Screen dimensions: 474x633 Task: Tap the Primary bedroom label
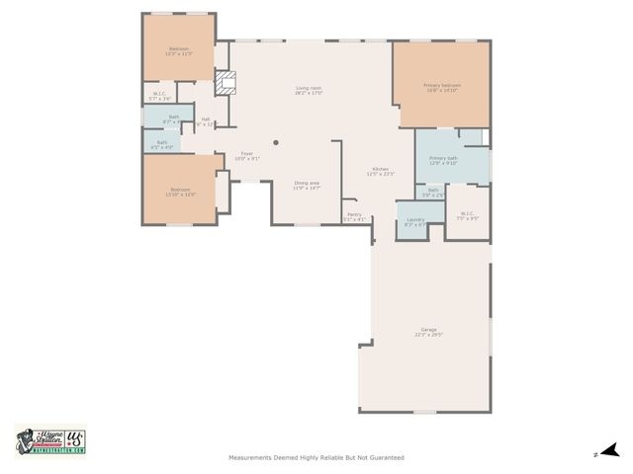click(442, 87)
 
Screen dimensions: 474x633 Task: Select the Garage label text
click(428, 330)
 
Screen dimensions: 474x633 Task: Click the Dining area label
click(307, 183)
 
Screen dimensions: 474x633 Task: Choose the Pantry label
click(354, 214)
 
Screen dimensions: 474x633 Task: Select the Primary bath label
click(443, 159)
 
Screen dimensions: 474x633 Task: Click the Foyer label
click(247, 154)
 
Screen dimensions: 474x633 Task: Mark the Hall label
click(206, 119)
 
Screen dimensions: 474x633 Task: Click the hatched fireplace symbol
click(226, 83)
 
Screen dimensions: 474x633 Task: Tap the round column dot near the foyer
click(276, 142)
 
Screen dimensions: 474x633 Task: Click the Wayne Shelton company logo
click(50, 441)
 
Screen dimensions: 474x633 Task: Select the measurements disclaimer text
click(316, 457)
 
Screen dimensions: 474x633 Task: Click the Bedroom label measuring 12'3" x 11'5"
click(179, 49)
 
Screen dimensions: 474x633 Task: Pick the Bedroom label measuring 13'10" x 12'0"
click(179, 191)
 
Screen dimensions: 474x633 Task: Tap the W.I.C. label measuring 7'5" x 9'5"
click(468, 213)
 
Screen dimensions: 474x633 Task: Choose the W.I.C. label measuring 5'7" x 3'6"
click(159, 96)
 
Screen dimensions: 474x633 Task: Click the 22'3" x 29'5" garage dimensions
click(428, 336)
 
